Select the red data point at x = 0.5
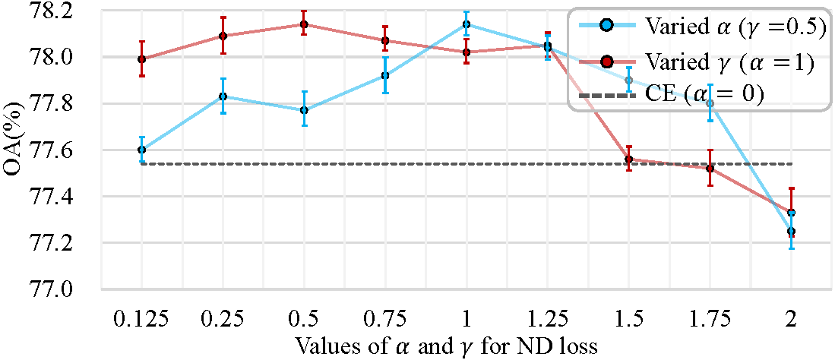pyautogui.click(x=304, y=24)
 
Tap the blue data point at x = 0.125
pyautogui.click(x=141, y=150)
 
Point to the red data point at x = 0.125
pyautogui.click(x=141, y=59)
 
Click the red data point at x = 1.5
pyautogui.click(x=629, y=159)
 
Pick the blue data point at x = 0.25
pyautogui.click(x=223, y=96)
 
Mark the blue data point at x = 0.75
pyautogui.click(x=385, y=75)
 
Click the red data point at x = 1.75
pyautogui.click(x=710, y=169)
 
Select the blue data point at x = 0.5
pyautogui.click(x=304, y=110)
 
